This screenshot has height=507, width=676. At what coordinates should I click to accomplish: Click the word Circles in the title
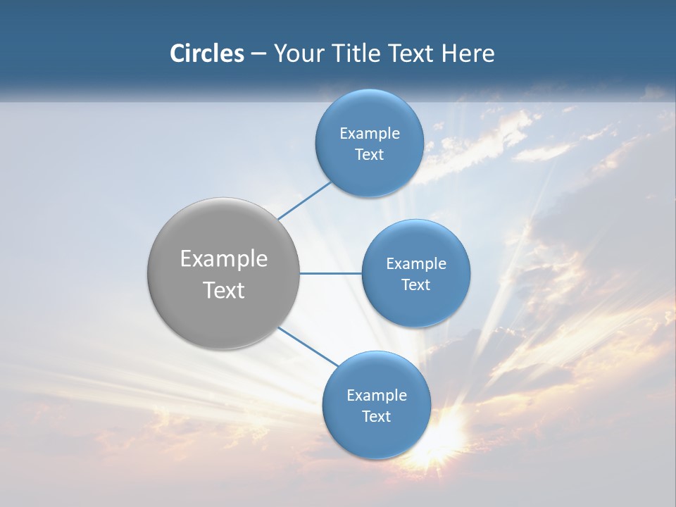(206, 54)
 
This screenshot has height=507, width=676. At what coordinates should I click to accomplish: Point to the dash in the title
(258, 54)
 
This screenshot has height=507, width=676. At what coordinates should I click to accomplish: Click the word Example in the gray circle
(224, 259)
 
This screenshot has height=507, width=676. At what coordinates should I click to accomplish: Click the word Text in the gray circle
(224, 290)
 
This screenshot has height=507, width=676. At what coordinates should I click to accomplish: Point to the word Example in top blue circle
(370, 134)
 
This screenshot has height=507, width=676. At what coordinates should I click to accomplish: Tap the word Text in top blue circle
(369, 155)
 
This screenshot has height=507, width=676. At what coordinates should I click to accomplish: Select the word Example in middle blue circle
(416, 264)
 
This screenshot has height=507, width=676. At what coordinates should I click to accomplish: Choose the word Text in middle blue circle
(415, 285)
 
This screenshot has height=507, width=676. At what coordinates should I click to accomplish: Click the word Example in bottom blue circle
(377, 396)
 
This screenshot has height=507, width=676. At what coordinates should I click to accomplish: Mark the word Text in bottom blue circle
(376, 417)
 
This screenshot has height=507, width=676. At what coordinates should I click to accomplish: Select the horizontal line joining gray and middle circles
(330, 273)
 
